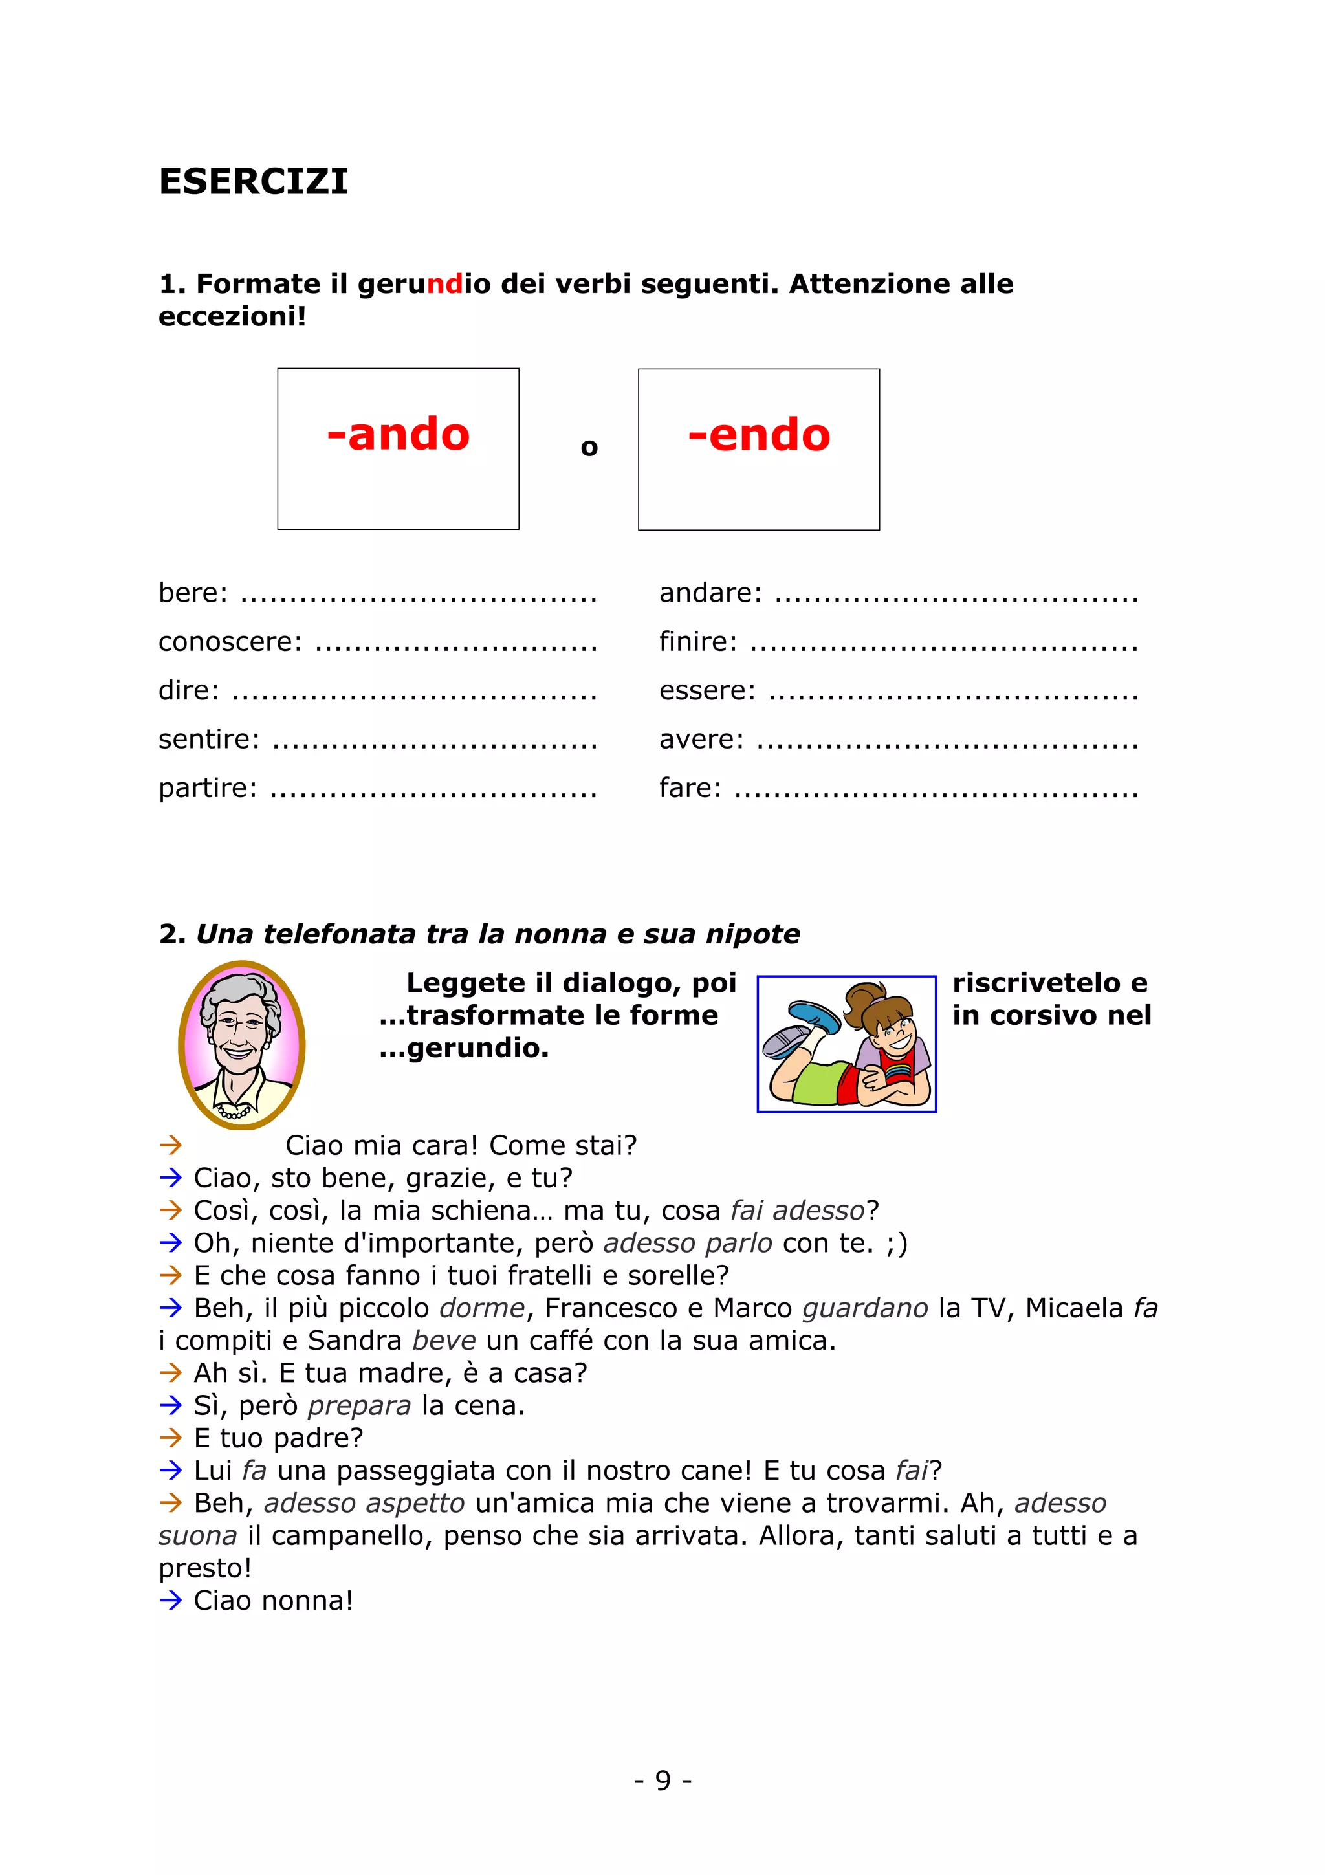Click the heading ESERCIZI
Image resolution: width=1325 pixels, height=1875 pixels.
[253, 181]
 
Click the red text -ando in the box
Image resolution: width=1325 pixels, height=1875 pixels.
[398, 434]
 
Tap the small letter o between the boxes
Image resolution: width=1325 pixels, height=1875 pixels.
[589, 448]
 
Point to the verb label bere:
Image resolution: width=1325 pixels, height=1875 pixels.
[193, 592]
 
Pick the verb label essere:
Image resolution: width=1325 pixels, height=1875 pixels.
[707, 690]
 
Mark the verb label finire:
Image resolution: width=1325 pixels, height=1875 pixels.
[698, 641]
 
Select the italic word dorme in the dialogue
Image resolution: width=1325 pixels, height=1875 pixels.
[481, 1308]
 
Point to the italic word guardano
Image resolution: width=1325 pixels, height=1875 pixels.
[864, 1308]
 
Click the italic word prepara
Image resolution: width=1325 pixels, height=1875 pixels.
[359, 1405]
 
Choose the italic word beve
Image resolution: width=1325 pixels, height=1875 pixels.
[443, 1341]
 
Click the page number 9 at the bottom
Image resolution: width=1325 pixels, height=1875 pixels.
[663, 1781]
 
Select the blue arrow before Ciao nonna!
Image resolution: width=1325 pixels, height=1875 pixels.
[171, 1600]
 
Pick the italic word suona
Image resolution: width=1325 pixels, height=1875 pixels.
[197, 1536]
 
